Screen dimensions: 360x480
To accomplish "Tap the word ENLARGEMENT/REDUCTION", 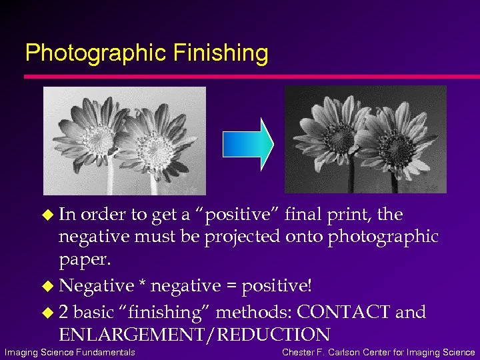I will (x=194, y=335).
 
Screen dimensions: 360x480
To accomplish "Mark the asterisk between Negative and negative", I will (x=142, y=285).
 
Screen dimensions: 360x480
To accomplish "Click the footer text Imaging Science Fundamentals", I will (x=70, y=352).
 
